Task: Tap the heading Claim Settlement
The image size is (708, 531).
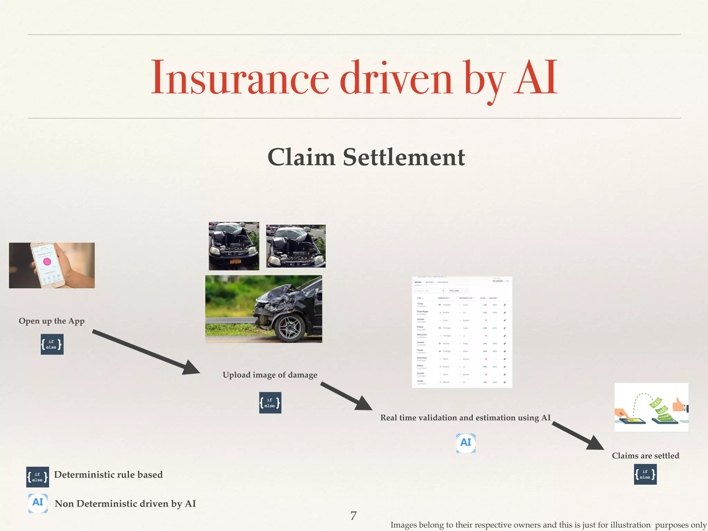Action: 366,157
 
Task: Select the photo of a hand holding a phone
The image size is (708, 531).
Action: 52,265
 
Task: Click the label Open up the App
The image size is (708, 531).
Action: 52,321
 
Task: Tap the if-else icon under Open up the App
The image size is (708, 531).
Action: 52,344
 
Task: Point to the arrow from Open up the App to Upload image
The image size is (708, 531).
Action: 145,351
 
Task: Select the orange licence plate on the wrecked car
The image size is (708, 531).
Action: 235,262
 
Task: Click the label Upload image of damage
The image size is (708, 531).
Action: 270,375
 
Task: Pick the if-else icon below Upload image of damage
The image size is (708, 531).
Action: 270,403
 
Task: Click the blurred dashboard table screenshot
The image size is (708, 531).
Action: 462,332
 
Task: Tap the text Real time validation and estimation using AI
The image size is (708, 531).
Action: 465,418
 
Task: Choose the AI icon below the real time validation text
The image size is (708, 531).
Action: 466,443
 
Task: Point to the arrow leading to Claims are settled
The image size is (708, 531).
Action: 577,436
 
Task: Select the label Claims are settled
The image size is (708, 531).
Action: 645,456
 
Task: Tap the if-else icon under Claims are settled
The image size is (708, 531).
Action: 645,474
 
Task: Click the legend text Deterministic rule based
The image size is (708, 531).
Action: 108,475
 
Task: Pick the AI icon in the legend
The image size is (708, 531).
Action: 38,503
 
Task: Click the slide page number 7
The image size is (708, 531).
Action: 353,516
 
